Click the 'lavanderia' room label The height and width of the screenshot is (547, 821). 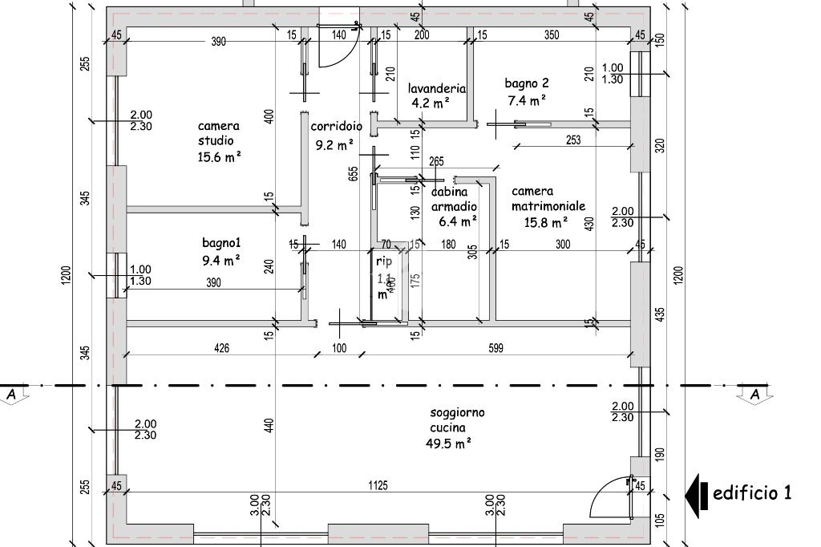pos(437,89)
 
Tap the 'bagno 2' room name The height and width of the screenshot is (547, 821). pos(527,83)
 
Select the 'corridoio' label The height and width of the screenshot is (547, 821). pos(337,127)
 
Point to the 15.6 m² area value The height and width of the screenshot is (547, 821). pos(220,157)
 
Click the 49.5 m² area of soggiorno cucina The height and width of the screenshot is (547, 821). pos(448,443)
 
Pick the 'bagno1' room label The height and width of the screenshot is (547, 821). pos(221,242)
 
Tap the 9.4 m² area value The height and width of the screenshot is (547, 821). pos(220,260)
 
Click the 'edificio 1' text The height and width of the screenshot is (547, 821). pos(752,492)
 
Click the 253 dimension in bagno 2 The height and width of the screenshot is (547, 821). pos(572,140)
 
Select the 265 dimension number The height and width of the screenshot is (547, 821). pos(437,161)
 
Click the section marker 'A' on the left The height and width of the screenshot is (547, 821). pos(11,395)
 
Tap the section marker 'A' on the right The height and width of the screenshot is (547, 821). pos(754,395)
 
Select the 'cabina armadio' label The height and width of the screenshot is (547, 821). pos(455,200)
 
